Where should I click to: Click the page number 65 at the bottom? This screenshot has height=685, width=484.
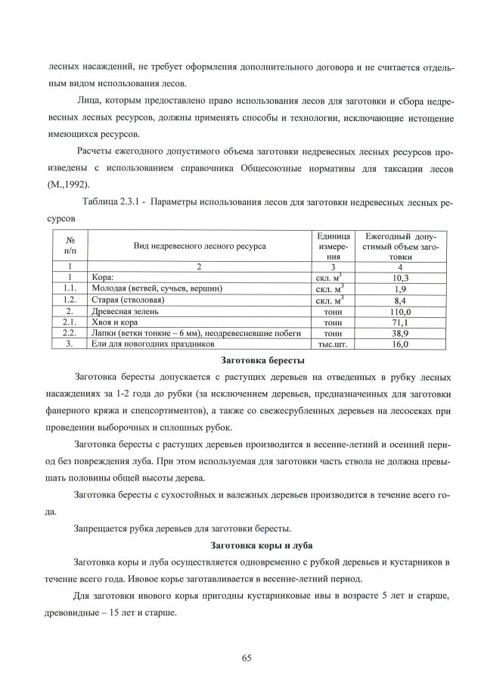tap(246, 657)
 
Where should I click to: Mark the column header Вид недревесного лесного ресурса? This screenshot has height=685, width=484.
tap(200, 246)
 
